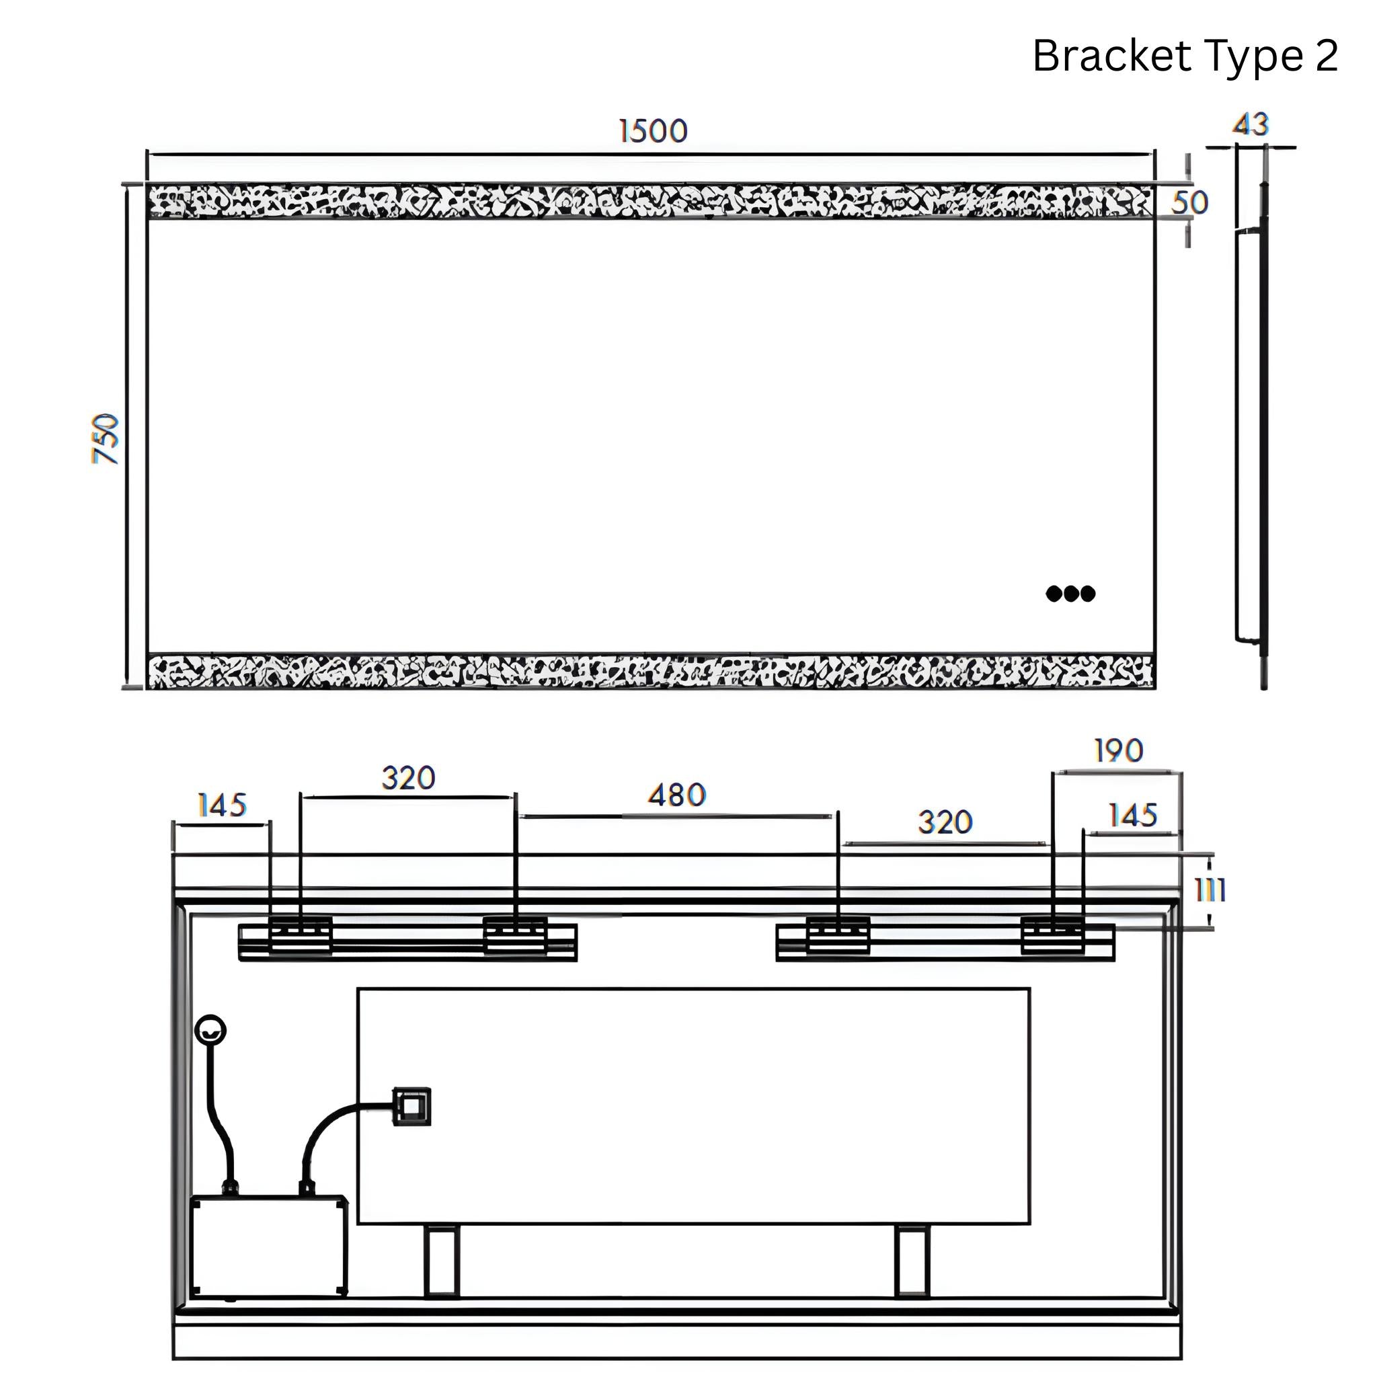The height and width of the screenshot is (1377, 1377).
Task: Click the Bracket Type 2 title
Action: coord(1185,56)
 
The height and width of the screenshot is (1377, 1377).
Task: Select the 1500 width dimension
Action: coord(653,131)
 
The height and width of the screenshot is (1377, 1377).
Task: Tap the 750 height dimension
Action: coord(106,438)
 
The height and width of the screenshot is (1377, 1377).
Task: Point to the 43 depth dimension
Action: coord(1251,125)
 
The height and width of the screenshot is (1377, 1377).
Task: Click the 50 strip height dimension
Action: coord(1189,203)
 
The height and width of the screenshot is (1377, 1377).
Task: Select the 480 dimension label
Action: coord(676,795)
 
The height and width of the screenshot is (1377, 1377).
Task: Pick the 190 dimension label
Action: coord(1118,750)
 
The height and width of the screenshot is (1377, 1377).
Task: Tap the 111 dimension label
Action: coord(1210,890)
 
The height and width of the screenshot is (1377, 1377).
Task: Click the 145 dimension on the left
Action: coord(222,806)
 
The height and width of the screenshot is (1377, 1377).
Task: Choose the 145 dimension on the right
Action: coord(1132,816)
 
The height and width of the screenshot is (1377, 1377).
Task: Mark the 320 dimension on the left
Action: coord(407,779)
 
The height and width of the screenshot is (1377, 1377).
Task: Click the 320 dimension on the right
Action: coord(945,822)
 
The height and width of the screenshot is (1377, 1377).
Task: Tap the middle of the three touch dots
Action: coord(1070,594)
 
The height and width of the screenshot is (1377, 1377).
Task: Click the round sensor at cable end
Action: coord(210,1031)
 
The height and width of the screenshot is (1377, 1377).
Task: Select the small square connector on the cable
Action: coord(412,1106)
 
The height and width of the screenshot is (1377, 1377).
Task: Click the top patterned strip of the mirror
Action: coord(650,202)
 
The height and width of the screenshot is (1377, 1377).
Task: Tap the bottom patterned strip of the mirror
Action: coord(650,672)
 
